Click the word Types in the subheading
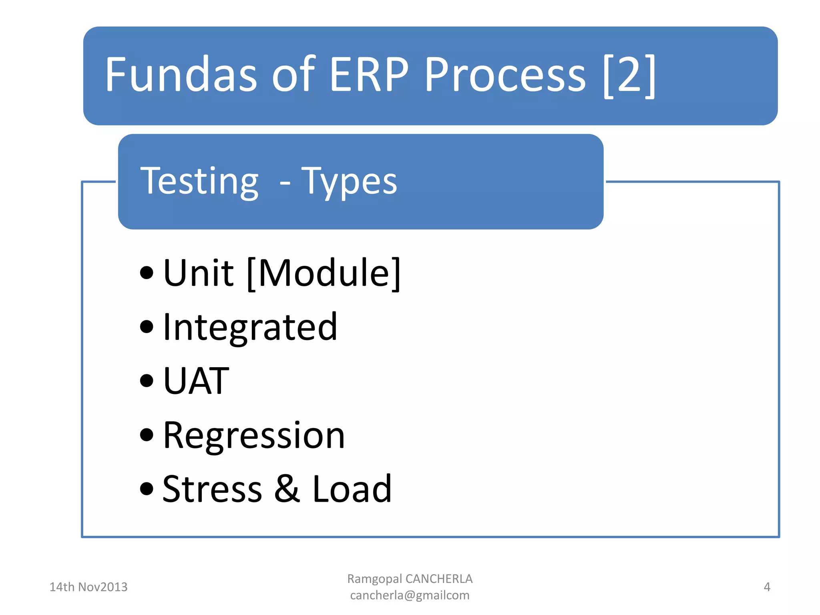point(349,182)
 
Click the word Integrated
point(250,328)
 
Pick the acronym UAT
point(196,381)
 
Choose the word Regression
point(254,435)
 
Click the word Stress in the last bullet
point(212,489)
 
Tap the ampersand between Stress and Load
point(287,489)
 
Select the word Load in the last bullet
point(352,489)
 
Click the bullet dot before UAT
point(147,381)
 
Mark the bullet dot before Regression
point(147,435)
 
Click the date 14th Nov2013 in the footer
point(88,587)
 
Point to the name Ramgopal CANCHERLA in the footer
point(410,579)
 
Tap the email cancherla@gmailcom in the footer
point(410,595)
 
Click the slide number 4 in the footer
point(767,587)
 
